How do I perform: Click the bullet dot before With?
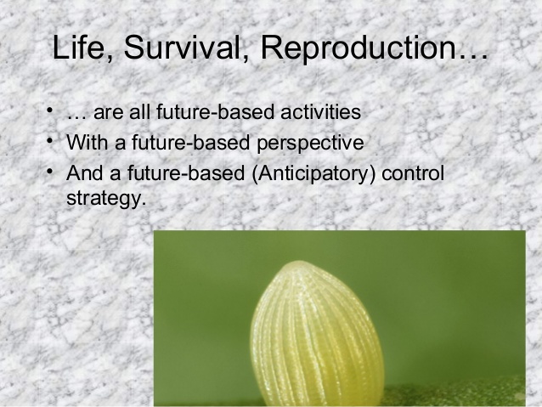[x=51, y=140]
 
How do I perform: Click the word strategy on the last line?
[x=99, y=201]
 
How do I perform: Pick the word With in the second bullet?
[x=84, y=143]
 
